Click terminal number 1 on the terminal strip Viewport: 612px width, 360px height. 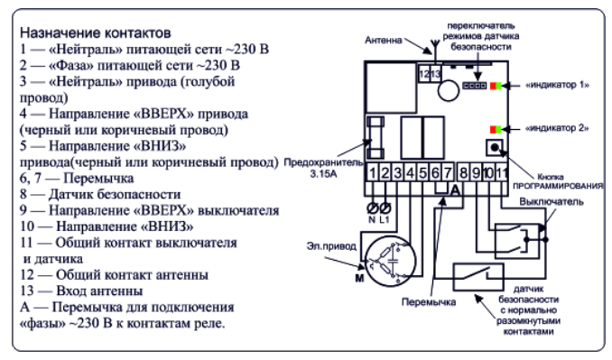373,172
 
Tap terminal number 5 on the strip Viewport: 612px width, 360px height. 422,172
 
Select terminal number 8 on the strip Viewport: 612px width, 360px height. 463,172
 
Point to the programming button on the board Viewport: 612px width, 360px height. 495,148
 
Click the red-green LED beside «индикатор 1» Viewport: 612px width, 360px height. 496,86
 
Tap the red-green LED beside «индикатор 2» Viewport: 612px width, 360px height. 496,129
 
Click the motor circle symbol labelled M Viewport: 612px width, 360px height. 390,261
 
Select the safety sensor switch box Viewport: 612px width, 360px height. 478,277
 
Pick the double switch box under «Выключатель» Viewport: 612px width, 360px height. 517,241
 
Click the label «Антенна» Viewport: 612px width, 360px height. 384,41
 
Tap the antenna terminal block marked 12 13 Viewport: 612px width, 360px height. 430,73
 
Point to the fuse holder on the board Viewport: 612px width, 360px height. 376,137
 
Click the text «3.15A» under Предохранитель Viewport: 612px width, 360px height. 323,174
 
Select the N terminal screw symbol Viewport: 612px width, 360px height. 373,208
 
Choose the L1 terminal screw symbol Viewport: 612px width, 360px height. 385,208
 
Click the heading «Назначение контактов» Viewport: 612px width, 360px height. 96,32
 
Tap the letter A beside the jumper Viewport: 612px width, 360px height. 455,190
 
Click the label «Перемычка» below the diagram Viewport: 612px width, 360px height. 429,302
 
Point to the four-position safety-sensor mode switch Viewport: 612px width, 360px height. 474,86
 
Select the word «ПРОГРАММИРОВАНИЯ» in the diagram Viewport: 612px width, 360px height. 558,186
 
